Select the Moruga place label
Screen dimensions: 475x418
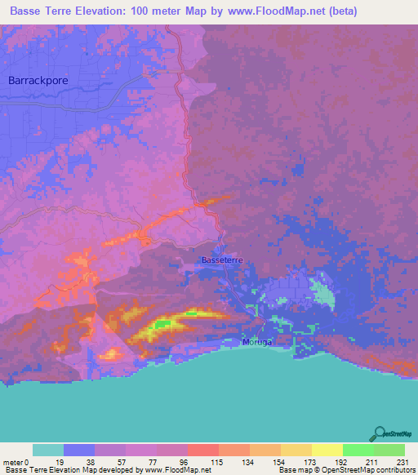[x=257, y=342]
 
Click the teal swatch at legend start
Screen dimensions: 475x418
[x=47, y=450]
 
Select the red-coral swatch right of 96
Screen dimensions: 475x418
[x=202, y=450]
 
